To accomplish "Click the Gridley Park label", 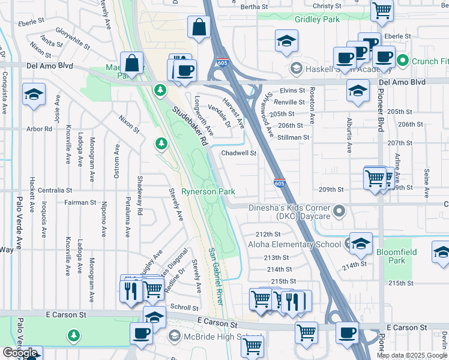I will [318, 19].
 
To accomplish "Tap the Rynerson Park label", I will [208, 192].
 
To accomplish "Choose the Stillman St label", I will [294, 137].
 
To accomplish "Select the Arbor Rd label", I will [40, 128].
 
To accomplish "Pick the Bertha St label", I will [253, 7].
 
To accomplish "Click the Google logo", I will [20, 353].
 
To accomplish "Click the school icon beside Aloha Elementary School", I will [360, 244].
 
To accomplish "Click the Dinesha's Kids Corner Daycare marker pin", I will [340, 211].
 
